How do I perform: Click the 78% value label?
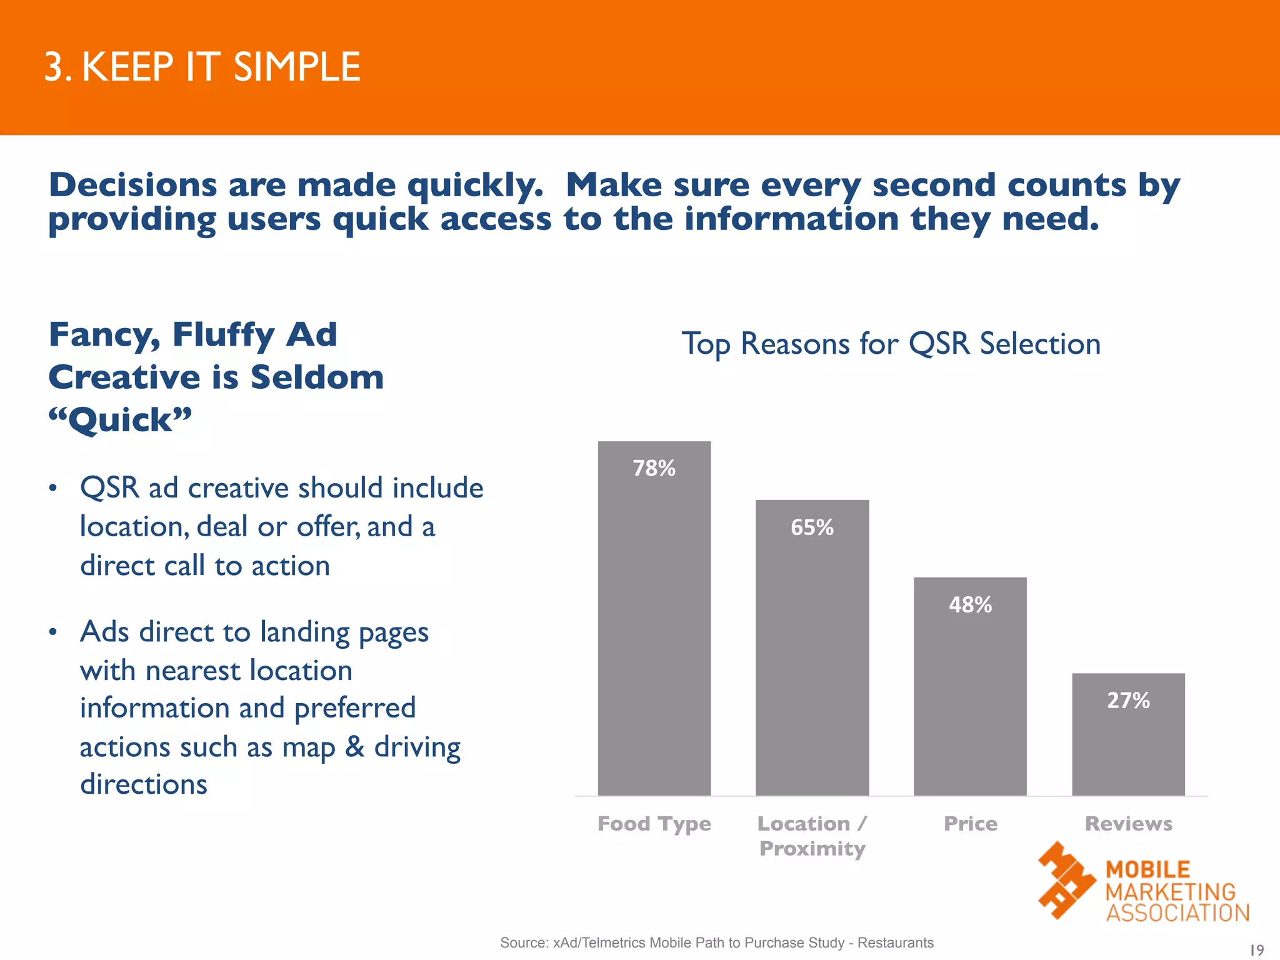pyautogui.click(x=654, y=468)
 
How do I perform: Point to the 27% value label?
pyautogui.click(x=1128, y=701)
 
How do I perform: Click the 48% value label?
pyautogui.click(x=970, y=605)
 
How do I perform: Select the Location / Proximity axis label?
pyautogui.click(x=812, y=836)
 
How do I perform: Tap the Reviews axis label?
pyautogui.click(x=1128, y=824)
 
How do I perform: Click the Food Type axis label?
pyautogui.click(x=654, y=824)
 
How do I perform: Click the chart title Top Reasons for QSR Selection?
pyautogui.click(x=891, y=344)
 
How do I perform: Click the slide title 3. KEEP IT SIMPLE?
pyautogui.click(x=202, y=67)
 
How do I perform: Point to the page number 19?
pyautogui.click(x=1256, y=950)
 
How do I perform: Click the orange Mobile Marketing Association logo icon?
pyautogui.click(x=1066, y=880)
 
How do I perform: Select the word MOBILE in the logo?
pyautogui.click(x=1147, y=869)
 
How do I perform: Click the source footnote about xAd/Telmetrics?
pyautogui.click(x=716, y=942)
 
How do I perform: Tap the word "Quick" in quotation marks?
pyautogui.click(x=120, y=420)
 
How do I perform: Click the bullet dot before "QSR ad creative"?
pyautogui.click(x=54, y=488)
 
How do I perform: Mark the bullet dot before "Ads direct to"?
pyautogui.click(x=54, y=632)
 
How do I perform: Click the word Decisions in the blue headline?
pyautogui.click(x=132, y=186)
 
